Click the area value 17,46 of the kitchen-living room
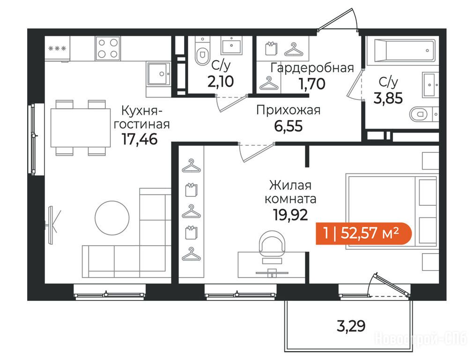click(x=140, y=139)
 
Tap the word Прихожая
click(x=288, y=111)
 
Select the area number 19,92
click(x=290, y=215)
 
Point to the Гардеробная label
click(x=312, y=68)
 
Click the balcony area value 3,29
click(x=351, y=326)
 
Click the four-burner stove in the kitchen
click(x=108, y=48)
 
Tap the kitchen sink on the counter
click(x=158, y=74)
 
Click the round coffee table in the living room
click(x=112, y=218)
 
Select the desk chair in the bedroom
click(x=273, y=244)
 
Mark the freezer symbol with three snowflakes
click(x=57, y=48)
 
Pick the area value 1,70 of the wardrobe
click(x=312, y=83)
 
